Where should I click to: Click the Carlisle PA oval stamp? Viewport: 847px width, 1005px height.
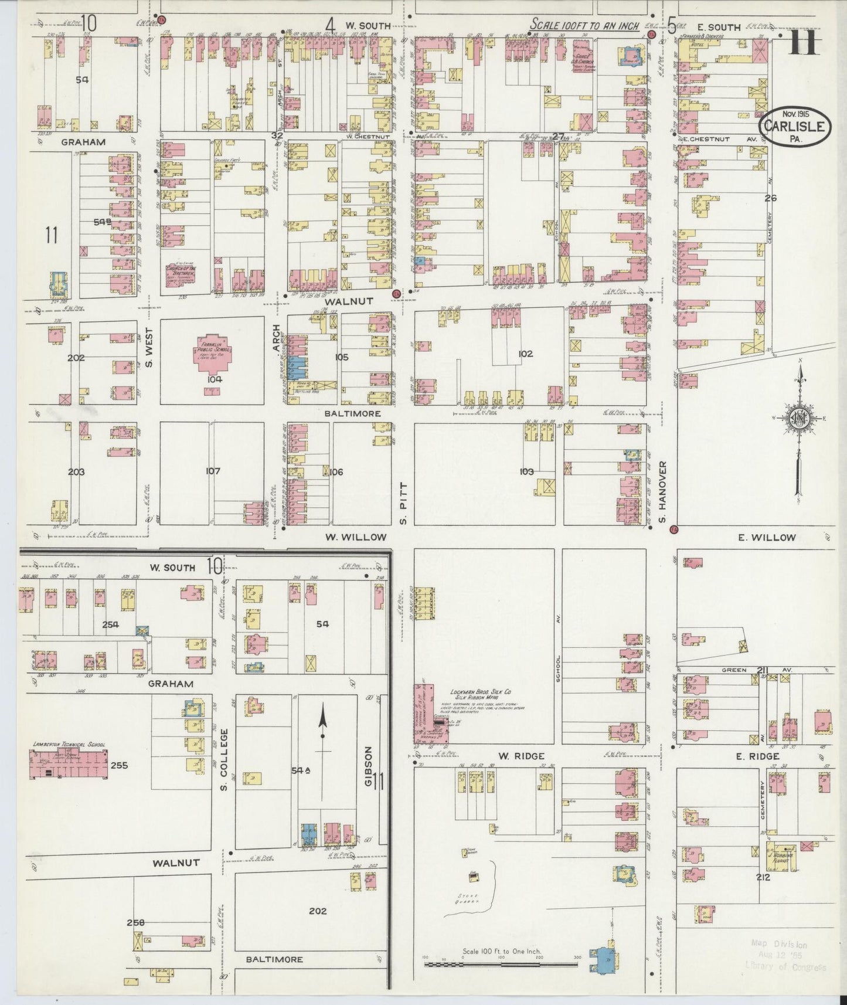[795, 125]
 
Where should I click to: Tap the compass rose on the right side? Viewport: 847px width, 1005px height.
[800, 418]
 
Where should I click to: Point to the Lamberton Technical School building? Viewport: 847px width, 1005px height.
[68, 763]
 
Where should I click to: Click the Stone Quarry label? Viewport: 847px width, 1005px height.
[470, 898]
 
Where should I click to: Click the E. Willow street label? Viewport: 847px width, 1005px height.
[774, 537]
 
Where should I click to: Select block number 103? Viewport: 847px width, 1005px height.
[526, 471]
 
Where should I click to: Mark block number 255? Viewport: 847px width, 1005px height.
[118, 765]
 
